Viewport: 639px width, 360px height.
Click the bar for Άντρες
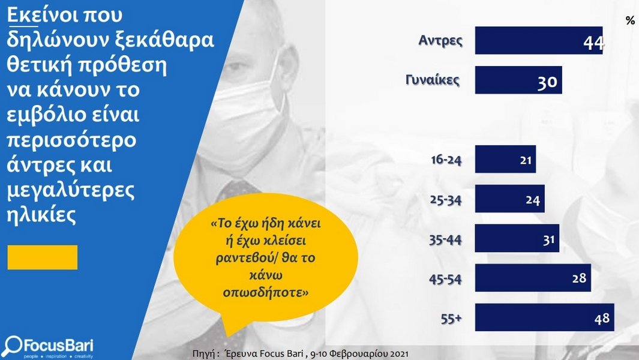(539, 40)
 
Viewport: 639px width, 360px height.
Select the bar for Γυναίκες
(518, 80)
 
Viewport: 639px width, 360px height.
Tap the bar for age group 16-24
(505, 159)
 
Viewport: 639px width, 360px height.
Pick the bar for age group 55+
(544, 317)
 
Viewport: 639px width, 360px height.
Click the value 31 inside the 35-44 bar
(548, 240)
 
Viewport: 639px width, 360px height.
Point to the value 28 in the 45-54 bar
(579, 278)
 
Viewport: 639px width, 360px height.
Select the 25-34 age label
(446, 200)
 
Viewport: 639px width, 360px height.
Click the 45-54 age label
(445, 279)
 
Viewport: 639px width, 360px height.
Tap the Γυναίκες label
(433, 80)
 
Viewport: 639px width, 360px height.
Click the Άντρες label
(440, 40)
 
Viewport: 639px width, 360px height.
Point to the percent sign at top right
(630, 20)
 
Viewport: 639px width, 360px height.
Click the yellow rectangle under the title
(43, 257)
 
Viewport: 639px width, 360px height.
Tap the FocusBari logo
(48, 347)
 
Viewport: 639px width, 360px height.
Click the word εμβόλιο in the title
(46, 115)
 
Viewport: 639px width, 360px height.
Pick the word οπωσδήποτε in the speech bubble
(266, 292)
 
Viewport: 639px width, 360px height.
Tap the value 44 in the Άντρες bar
(593, 43)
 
